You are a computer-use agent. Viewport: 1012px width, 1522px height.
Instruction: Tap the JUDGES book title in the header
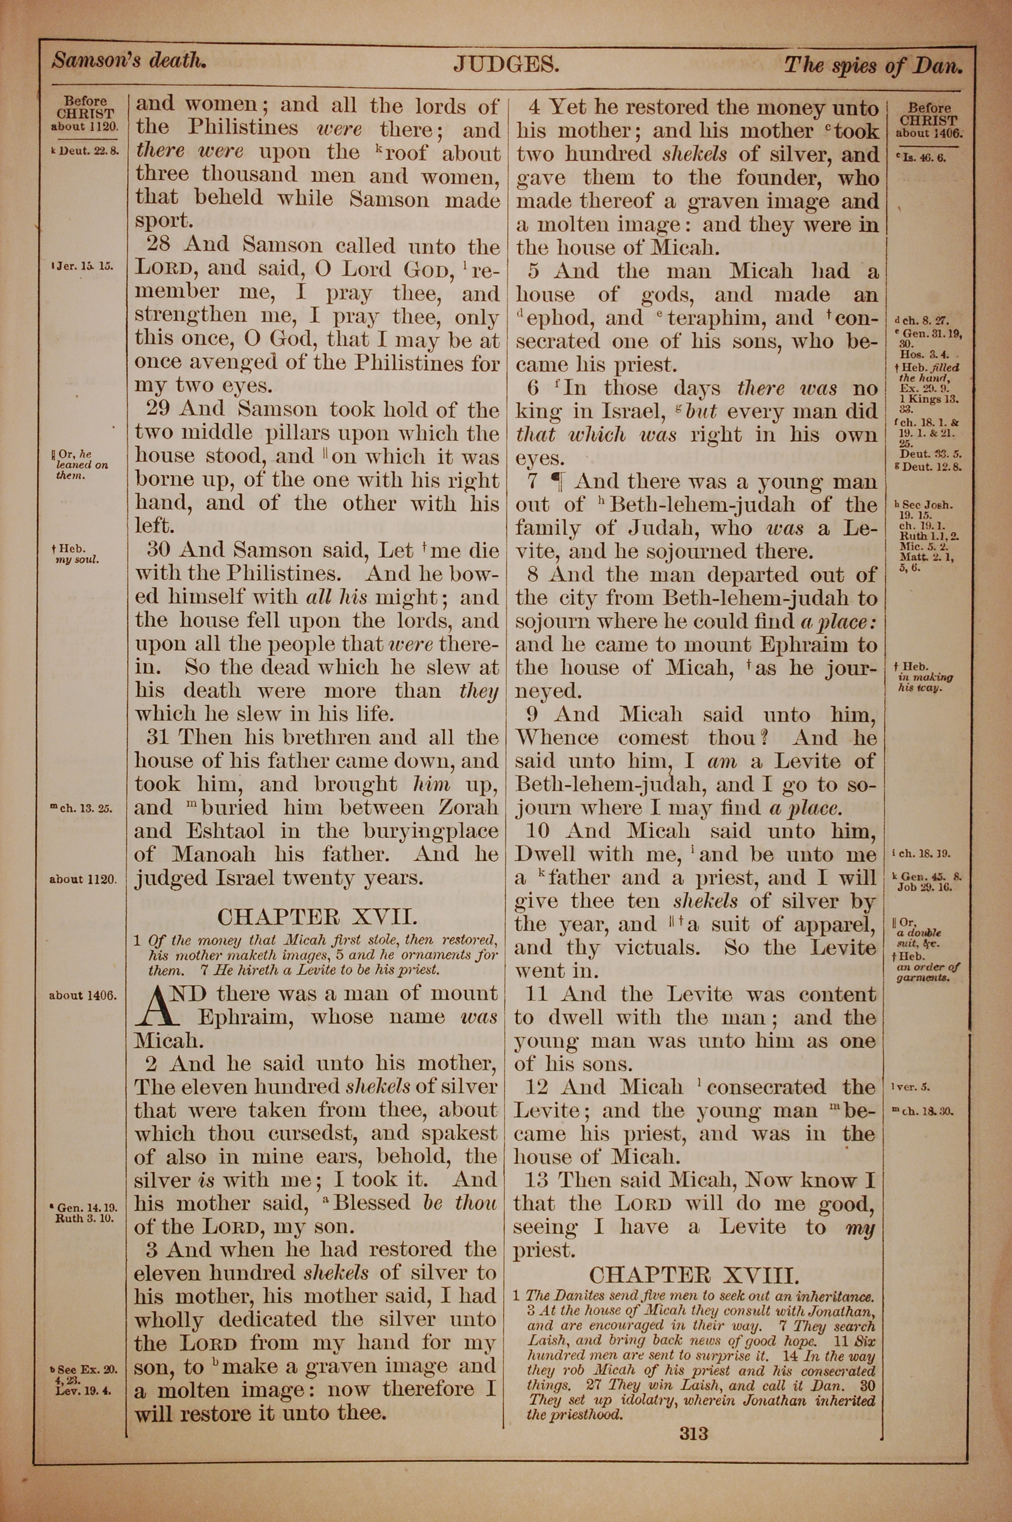click(505, 63)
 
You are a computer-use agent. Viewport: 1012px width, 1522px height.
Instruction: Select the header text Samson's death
click(129, 61)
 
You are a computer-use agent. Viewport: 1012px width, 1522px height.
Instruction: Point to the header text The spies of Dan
click(872, 65)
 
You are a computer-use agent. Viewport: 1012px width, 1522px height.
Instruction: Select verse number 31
click(161, 737)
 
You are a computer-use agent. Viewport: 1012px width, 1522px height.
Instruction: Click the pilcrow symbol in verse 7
click(556, 481)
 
